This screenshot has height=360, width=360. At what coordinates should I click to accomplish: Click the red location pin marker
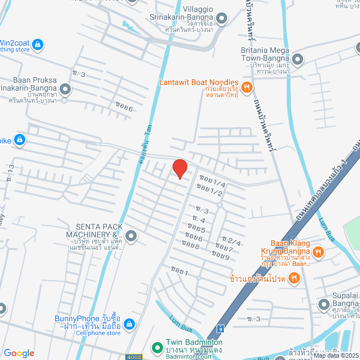pyautogui.click(x=179, y=168)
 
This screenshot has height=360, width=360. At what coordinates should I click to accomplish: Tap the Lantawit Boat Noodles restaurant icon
pyautogui.click(x=248, y=87)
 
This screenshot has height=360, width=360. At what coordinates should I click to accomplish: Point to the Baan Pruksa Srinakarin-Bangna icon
pyautogui.click(x=66, y=88)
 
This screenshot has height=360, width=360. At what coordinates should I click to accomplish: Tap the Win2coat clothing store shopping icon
pyautogui.click(x=38, y=43)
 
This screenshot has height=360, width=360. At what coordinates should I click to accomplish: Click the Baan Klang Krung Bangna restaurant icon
pyautogui.click(x=318, y=251)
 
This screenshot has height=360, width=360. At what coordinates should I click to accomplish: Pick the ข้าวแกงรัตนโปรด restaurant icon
pyautogui.click(x=294, y=278)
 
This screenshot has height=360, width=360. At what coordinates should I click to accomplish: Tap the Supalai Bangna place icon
pyautogui.click(x=323, y=305)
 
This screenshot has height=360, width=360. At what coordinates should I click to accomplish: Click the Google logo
pyautogui.click(x=19, y=353)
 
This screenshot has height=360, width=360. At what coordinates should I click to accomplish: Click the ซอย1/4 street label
pyautogui.click(x=211, y=184)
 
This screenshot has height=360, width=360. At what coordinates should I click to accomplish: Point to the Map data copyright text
pyautogui.click(x=335, y=355)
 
